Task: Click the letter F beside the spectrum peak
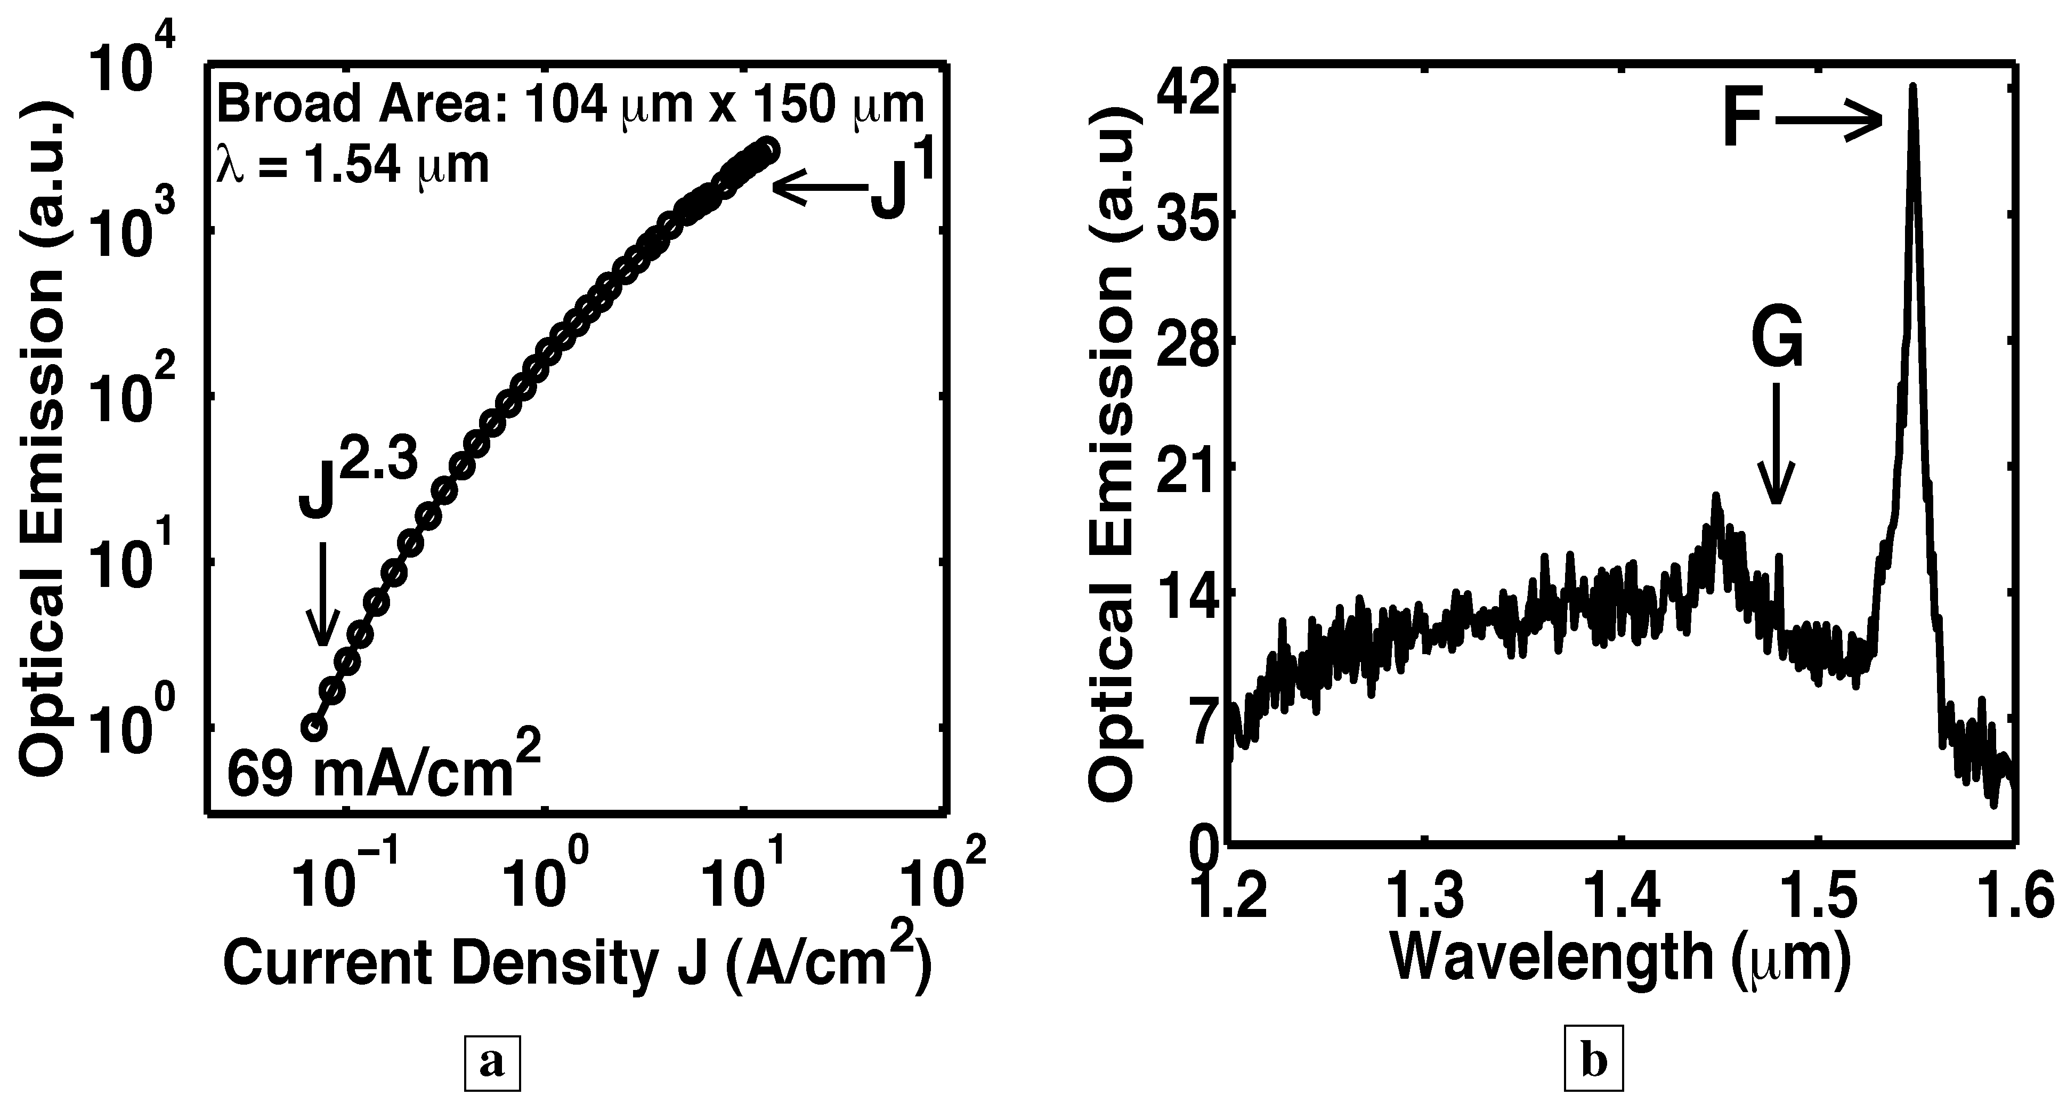click(1744, 123)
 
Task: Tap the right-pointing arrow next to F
click(1829, 123)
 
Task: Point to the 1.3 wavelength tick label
click(1423, 897)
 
